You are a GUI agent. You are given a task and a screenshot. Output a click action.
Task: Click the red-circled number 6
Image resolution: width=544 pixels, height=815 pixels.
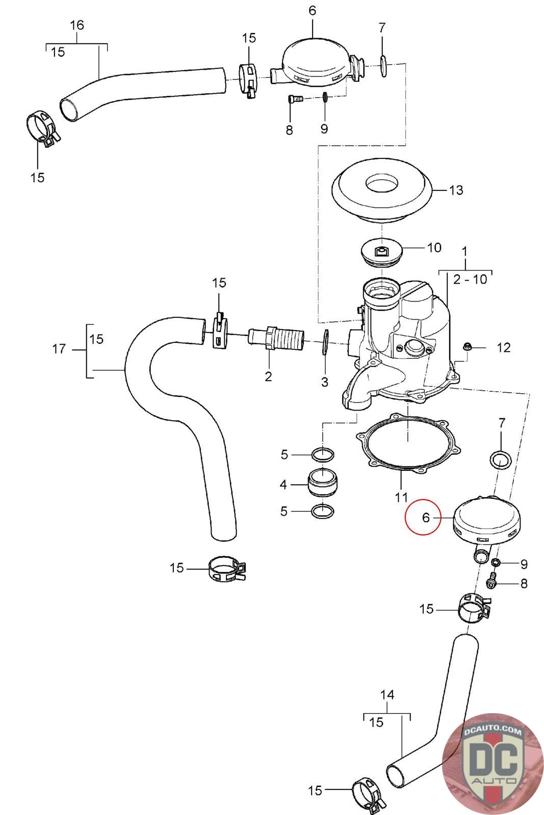pyautogui.click(x=426, y=518)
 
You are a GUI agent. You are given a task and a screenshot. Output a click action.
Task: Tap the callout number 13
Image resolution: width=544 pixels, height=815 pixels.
pyautogui.click(x=456, y=190)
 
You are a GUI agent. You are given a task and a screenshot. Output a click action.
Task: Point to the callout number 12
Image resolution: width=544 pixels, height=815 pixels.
pyautogui.click(x=503, y=347)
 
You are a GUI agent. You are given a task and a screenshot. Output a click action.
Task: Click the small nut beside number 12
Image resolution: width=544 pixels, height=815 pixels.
pyautogui.click(x=467, y=347)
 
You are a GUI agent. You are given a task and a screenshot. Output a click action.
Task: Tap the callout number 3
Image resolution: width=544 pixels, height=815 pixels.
pyautogui.click(x=325, y=382)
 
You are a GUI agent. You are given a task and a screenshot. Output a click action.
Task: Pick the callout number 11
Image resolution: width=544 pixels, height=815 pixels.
pyautogui.click(x=401, y=497)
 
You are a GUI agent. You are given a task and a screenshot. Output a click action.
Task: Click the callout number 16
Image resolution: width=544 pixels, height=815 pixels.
pyautogui.click(x=77, y=25)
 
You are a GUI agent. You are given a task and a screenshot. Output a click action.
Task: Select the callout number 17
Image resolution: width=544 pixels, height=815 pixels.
pyautogui.click(x=59, y=349)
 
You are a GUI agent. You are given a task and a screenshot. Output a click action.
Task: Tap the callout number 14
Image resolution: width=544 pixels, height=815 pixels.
pyautogui.click(x=387, y=694)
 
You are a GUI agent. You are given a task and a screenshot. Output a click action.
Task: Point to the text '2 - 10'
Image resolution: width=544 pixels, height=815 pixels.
pyautogui.click(x=470, y=279)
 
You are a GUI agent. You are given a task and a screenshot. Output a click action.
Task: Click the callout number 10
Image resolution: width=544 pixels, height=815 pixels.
pyautogui.click(x=434, y=248)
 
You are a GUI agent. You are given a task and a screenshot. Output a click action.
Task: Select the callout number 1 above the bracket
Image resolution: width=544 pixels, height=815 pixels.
pyautogui.click(x=464, y=251)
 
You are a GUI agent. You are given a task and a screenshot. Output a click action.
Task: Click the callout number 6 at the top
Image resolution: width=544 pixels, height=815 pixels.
pyautogui.click(x=312, y=10)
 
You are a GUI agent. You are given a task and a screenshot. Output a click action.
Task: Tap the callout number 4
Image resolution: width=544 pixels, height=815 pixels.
pyautogui.click(x=283, y=484)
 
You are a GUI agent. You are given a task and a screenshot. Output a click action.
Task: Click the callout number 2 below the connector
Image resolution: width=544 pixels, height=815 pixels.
pyautogui.click(x=268, y=376)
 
